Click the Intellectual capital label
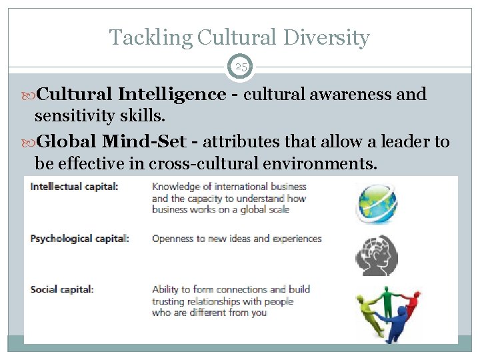coord(74,187)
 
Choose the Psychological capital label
coord(79,238)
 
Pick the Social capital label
coord(62,289)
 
